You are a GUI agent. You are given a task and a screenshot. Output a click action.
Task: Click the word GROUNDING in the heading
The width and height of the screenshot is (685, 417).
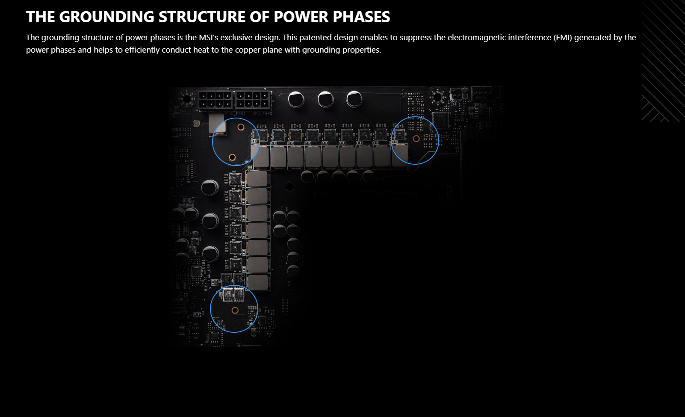[x=106, y=17]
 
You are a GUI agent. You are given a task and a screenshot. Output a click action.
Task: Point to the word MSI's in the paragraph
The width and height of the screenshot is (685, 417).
[x=209, y=38]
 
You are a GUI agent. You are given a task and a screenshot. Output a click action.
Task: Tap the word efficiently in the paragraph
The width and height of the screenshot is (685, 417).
[x=142, y=50]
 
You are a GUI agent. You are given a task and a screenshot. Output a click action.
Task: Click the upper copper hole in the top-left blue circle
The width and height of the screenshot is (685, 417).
[x=241, y=127]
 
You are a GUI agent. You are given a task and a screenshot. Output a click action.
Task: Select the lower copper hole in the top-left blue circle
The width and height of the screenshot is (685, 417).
[x=232, y=157]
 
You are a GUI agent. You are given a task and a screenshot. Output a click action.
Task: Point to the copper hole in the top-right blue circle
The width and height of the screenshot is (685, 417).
[x=416, y=139]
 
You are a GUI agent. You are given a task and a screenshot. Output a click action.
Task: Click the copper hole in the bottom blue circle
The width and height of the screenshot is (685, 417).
[x=235, y=310]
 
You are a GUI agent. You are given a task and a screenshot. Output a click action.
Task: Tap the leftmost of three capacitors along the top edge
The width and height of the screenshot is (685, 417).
[x=296, y=100]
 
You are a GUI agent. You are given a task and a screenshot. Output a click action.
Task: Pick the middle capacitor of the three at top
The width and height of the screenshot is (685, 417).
[x=325, y=99]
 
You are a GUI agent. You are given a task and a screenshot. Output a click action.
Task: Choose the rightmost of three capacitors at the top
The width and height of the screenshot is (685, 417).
[x=354, y=99]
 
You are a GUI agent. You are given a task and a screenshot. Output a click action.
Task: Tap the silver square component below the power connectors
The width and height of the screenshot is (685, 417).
[x=217, y=123]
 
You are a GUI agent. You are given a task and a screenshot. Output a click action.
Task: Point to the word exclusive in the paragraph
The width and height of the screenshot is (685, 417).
[x=236, y=38]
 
